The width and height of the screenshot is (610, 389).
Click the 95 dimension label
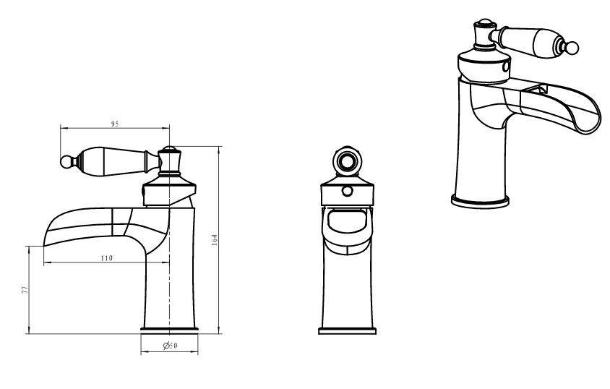114,124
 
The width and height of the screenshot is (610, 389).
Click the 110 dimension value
106,258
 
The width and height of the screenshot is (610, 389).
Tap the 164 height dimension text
215,239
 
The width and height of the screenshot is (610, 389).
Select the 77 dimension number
25,289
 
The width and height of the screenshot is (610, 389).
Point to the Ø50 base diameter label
171,345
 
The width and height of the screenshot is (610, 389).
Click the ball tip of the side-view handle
66,162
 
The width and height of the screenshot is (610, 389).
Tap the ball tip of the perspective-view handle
572,48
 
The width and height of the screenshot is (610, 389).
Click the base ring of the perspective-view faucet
480,202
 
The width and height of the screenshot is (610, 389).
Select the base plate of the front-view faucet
347,331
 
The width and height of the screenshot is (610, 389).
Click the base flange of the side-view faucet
169,330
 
